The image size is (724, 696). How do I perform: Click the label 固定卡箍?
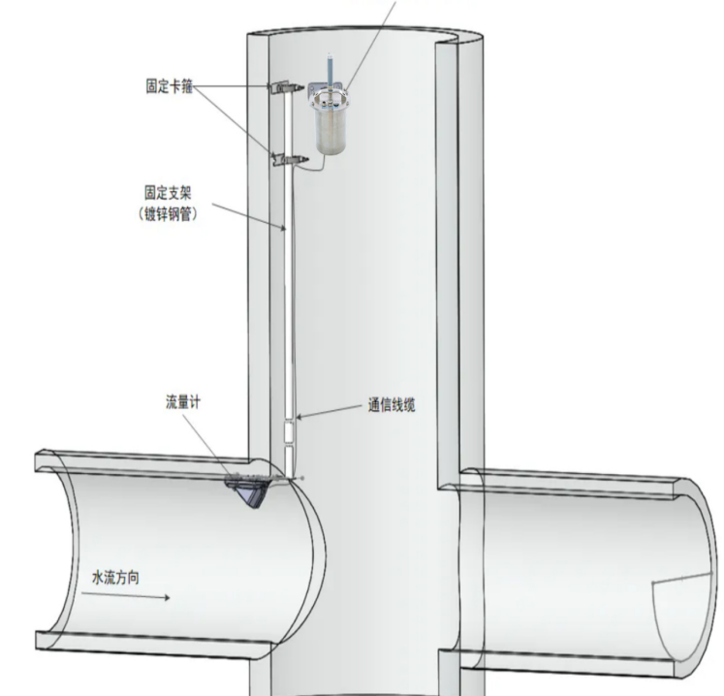(x=169, y=86)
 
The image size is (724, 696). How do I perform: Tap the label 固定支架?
(x=168, y=193)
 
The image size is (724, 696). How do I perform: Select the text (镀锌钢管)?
(x=168, y=214)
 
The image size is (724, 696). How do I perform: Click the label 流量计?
(x=183, y=402)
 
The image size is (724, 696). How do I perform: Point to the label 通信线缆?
(x=392, y=405)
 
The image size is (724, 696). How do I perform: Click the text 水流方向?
(x=115, y=578)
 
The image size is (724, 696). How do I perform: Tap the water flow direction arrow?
(x=126, y=595)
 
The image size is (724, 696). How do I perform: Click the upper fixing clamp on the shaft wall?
(x=286, y=87)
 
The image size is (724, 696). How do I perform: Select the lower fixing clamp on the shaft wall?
(x=290, y=159)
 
